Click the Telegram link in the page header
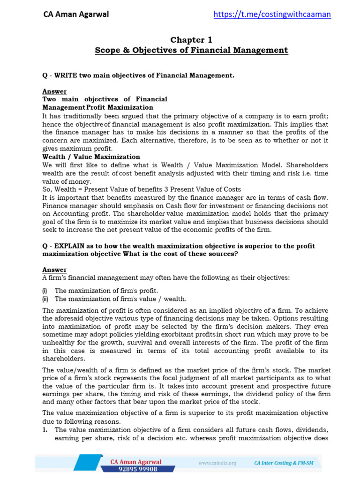[272, 14]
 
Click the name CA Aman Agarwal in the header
[76, 14]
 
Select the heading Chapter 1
[191, 40]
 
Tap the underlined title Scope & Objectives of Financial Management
[191, 50]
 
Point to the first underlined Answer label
[54, 91]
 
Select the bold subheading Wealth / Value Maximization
[91, 157]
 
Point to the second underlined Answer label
[54, 270]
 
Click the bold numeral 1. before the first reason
[45, 429]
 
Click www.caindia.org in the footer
[217, 463]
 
